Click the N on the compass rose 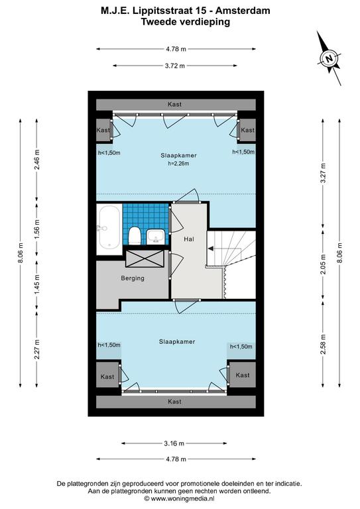tap(330, 59)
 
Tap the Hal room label tap(189, 239)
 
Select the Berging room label tap(133, 278)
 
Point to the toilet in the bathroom tap(135, 236)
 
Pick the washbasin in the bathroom tap(156, 237)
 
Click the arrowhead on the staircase tap(210, 249)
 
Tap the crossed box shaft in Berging tap(145, 258)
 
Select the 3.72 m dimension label tap(174, 66)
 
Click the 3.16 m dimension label tap(174, 443)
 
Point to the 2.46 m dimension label tap(36, 159)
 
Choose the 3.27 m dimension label tap(323, 174)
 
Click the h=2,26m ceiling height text tap(178, 164)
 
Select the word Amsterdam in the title tap(243, 11)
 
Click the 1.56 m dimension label tap(36, 228)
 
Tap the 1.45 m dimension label tap(36, 285)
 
